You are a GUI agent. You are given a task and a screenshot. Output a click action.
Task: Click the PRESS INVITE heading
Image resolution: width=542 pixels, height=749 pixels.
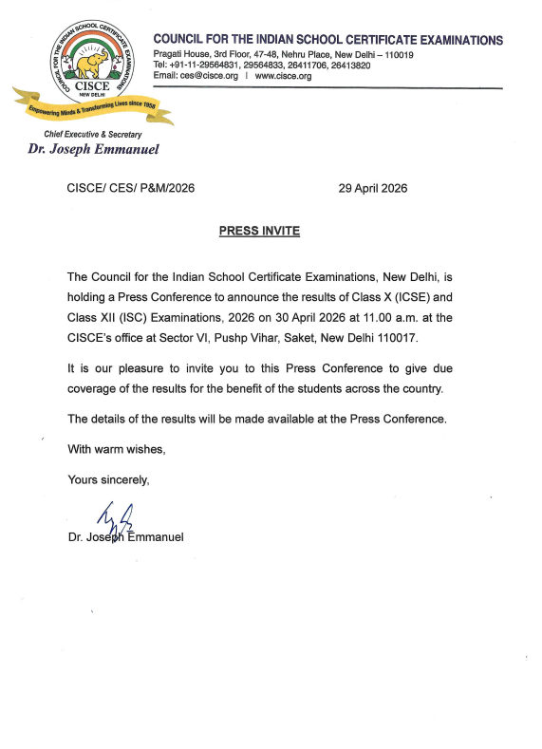tap(259, 231)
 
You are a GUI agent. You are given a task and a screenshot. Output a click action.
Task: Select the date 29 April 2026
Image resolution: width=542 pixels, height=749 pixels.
tap(373, 188)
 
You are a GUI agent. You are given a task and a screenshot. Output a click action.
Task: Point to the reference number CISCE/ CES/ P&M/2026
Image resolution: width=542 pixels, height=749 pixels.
tap(131, 188)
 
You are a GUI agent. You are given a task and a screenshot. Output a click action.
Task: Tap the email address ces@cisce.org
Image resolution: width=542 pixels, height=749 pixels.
tap(209, 76)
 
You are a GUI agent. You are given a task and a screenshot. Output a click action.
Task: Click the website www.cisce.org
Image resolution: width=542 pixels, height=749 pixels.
tap(284, 76)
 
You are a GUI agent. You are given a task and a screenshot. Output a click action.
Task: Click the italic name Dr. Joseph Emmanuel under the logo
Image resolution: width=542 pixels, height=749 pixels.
tap(93, 149)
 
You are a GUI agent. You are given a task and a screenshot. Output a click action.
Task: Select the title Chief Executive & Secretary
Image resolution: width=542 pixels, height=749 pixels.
tap(93, 135)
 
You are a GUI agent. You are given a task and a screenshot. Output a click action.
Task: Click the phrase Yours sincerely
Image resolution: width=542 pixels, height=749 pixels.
tap(108, 480)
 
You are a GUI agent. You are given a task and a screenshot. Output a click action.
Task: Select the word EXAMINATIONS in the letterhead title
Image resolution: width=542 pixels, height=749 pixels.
tap(452, 40)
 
